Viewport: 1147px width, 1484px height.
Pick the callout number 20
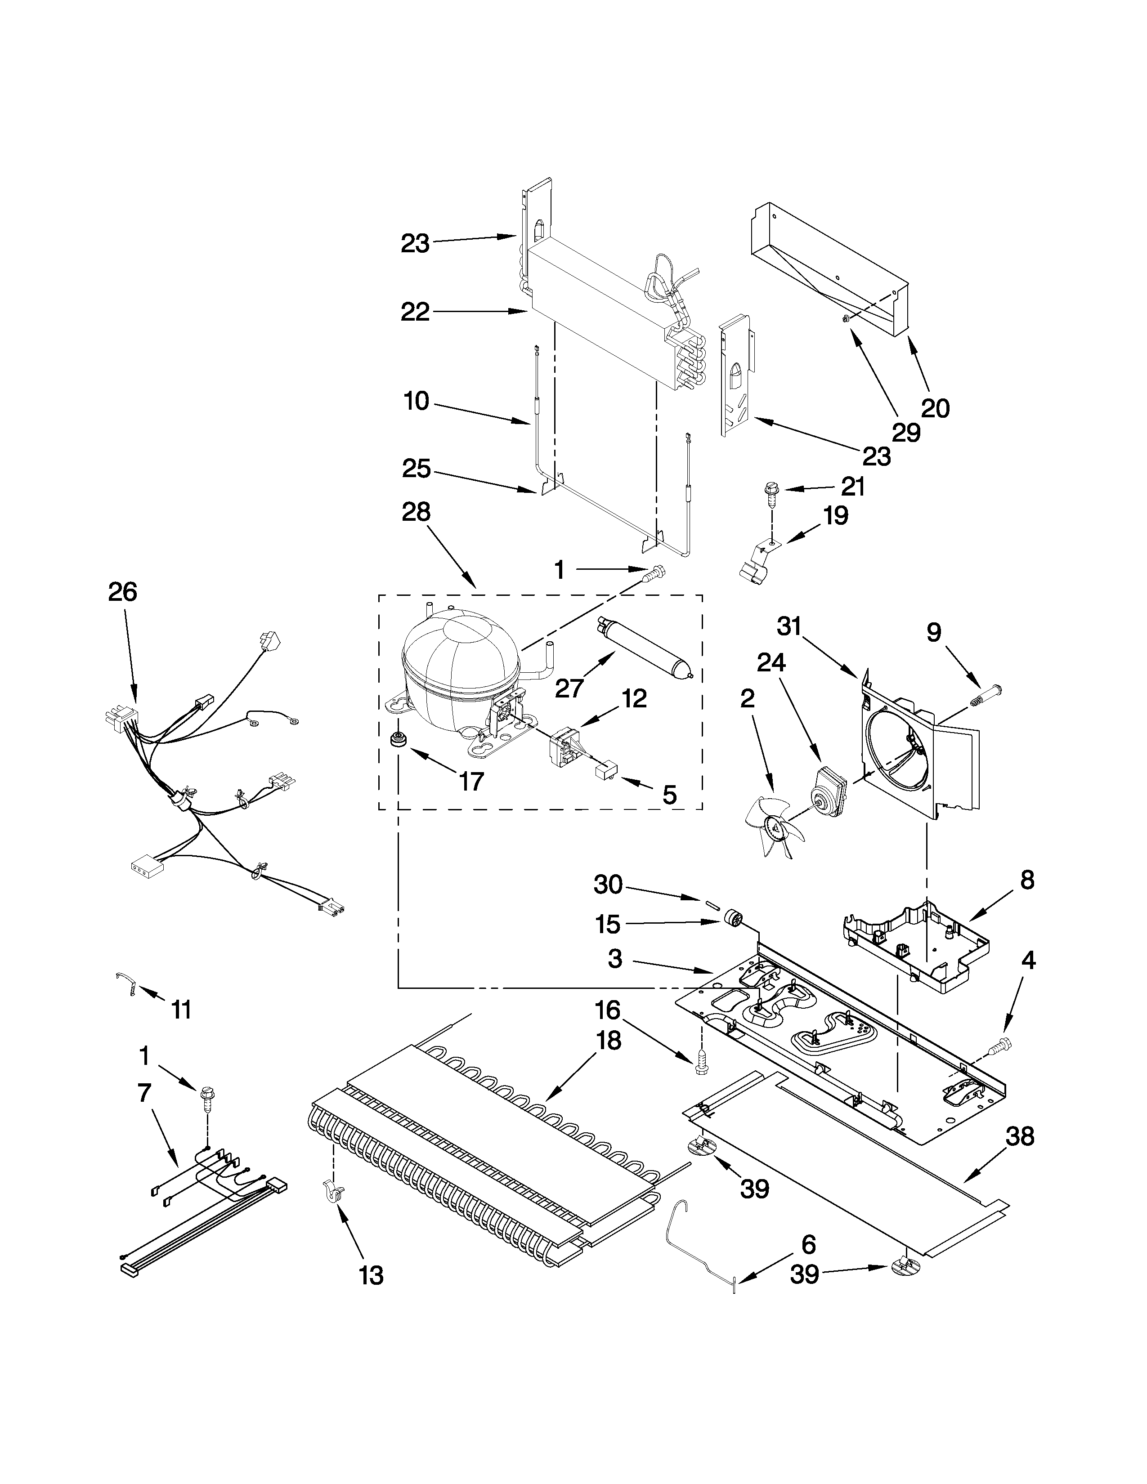coord(935,408)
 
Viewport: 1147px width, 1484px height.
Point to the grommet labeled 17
coord(396,740)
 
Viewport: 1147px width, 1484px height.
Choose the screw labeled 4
coord(999,1046)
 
